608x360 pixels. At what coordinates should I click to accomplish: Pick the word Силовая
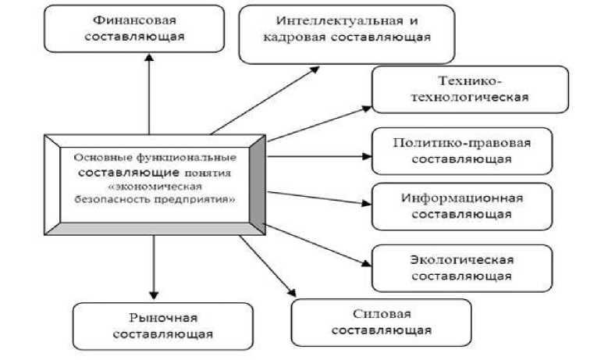(x=381, y=314)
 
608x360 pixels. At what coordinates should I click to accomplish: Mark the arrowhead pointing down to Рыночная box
(x=154, y=294)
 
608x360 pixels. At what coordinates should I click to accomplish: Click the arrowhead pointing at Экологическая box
(x=365, y=264)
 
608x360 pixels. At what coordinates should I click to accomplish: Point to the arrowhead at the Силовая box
(x=293, y=294)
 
